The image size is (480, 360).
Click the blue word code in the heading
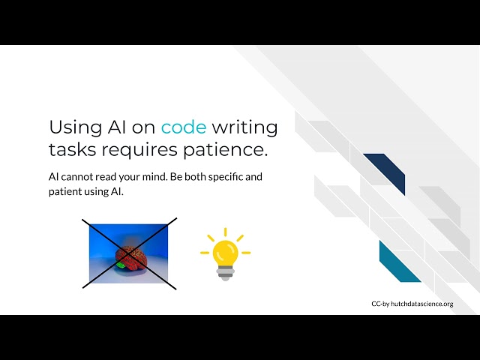(183, 127)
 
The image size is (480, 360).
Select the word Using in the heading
(73, 127)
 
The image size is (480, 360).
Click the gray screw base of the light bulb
(225, 273)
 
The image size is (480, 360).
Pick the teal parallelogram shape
(400, 262)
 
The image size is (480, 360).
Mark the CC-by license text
(379, 304)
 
